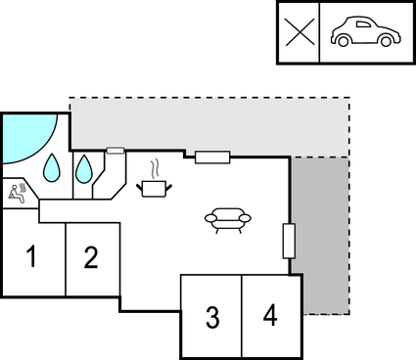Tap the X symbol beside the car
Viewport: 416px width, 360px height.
[300, 32]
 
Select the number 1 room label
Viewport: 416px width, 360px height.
[31, 258]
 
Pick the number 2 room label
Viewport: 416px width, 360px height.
[91, 258]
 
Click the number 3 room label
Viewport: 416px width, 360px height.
[211, 317]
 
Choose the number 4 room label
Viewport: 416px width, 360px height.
[270, 316]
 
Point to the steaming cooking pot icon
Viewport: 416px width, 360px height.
[156, 186]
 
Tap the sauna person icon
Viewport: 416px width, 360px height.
[17, 192]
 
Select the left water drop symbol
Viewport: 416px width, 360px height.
[52, 168]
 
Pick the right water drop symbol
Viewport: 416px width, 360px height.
[85, 169]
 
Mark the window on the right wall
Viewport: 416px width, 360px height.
[289, 241]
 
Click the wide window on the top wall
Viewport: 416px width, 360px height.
[212, 157]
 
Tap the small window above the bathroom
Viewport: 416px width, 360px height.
[115, 151]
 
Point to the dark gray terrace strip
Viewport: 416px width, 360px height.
[321, 235]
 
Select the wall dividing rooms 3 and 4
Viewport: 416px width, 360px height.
[241, 316]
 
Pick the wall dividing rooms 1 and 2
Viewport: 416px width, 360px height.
[65, 259]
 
